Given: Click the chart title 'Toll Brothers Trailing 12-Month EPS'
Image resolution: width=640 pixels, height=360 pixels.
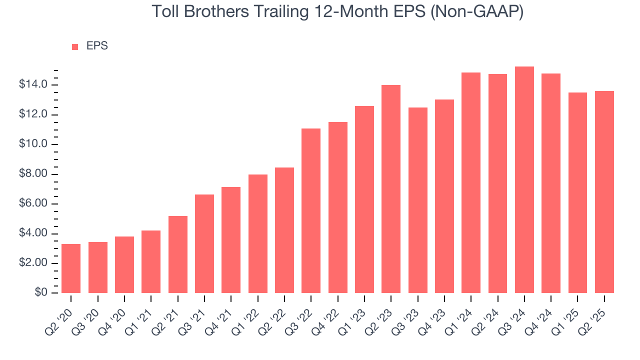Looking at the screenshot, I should [337, 11].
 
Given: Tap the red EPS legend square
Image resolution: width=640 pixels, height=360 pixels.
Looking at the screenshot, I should [75, 46].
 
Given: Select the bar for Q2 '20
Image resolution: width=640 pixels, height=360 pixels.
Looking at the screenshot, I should [71, 268].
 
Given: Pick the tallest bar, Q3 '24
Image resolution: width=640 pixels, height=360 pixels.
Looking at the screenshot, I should [524, 180].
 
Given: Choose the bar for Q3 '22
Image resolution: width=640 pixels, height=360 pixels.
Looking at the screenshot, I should [311, 210].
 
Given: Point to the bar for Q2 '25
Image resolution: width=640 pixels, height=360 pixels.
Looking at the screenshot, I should [604, 192].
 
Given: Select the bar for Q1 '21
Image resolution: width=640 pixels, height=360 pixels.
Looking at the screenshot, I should [151, 261].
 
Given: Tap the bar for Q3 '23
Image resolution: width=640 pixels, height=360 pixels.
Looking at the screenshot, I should [417, 200].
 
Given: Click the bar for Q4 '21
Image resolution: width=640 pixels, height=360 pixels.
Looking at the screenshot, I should [231, 240].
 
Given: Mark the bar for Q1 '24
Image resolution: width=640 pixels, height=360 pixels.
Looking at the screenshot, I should [471, 183].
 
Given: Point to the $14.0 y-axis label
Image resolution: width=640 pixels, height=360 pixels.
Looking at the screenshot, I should [33, 85].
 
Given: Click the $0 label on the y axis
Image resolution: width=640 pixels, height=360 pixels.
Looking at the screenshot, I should [41, 293].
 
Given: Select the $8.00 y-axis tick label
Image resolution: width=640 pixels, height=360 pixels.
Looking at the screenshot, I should [33, 174].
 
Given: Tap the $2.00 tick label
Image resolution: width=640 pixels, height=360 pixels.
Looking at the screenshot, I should [33, 263].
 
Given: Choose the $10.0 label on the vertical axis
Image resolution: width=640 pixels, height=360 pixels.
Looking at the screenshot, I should [33, 144].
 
